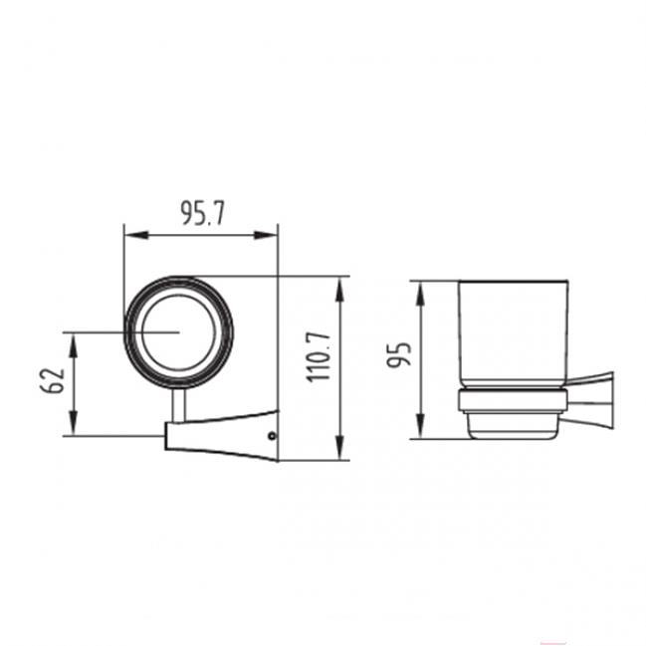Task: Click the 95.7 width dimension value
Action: (203, 213)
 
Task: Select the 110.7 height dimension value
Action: (320, 356)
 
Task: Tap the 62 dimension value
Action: (53, 380)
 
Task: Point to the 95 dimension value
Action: (399, 354)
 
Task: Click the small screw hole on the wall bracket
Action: (272, 435)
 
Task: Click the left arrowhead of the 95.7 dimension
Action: (136, 235)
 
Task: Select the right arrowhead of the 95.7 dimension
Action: (266, 235)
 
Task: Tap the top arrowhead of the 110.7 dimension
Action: (339, 290)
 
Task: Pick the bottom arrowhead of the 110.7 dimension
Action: (339, 447)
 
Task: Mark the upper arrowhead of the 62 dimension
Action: (74, 345)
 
